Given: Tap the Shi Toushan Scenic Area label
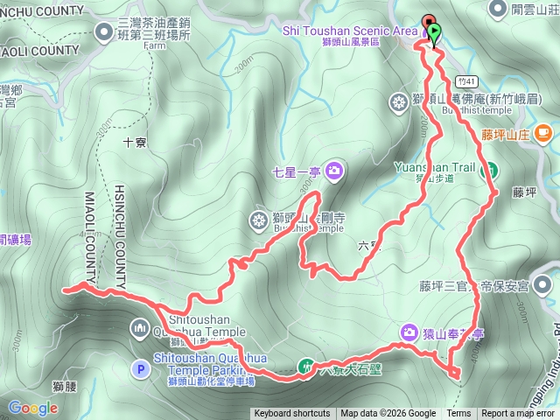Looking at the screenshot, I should pos(349,30).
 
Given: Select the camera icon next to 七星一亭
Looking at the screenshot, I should pos(333,171).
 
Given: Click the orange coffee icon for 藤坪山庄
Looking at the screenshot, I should pos(542,133).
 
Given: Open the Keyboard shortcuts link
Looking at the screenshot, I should pos(291,414).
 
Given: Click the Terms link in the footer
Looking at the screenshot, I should pos(458,414).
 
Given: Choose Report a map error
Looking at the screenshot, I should pos(519,414).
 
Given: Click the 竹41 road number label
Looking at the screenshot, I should pos(465,78).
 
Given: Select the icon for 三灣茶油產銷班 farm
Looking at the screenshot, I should pos(105,33).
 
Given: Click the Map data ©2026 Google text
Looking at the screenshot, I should pos(388,414).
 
